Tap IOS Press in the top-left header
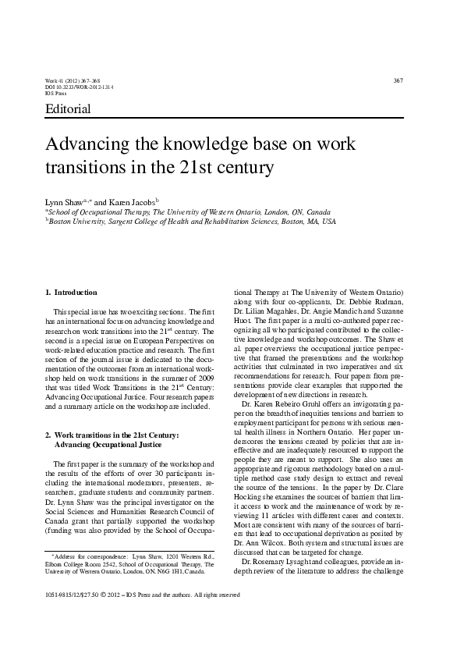tap(56, 94)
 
